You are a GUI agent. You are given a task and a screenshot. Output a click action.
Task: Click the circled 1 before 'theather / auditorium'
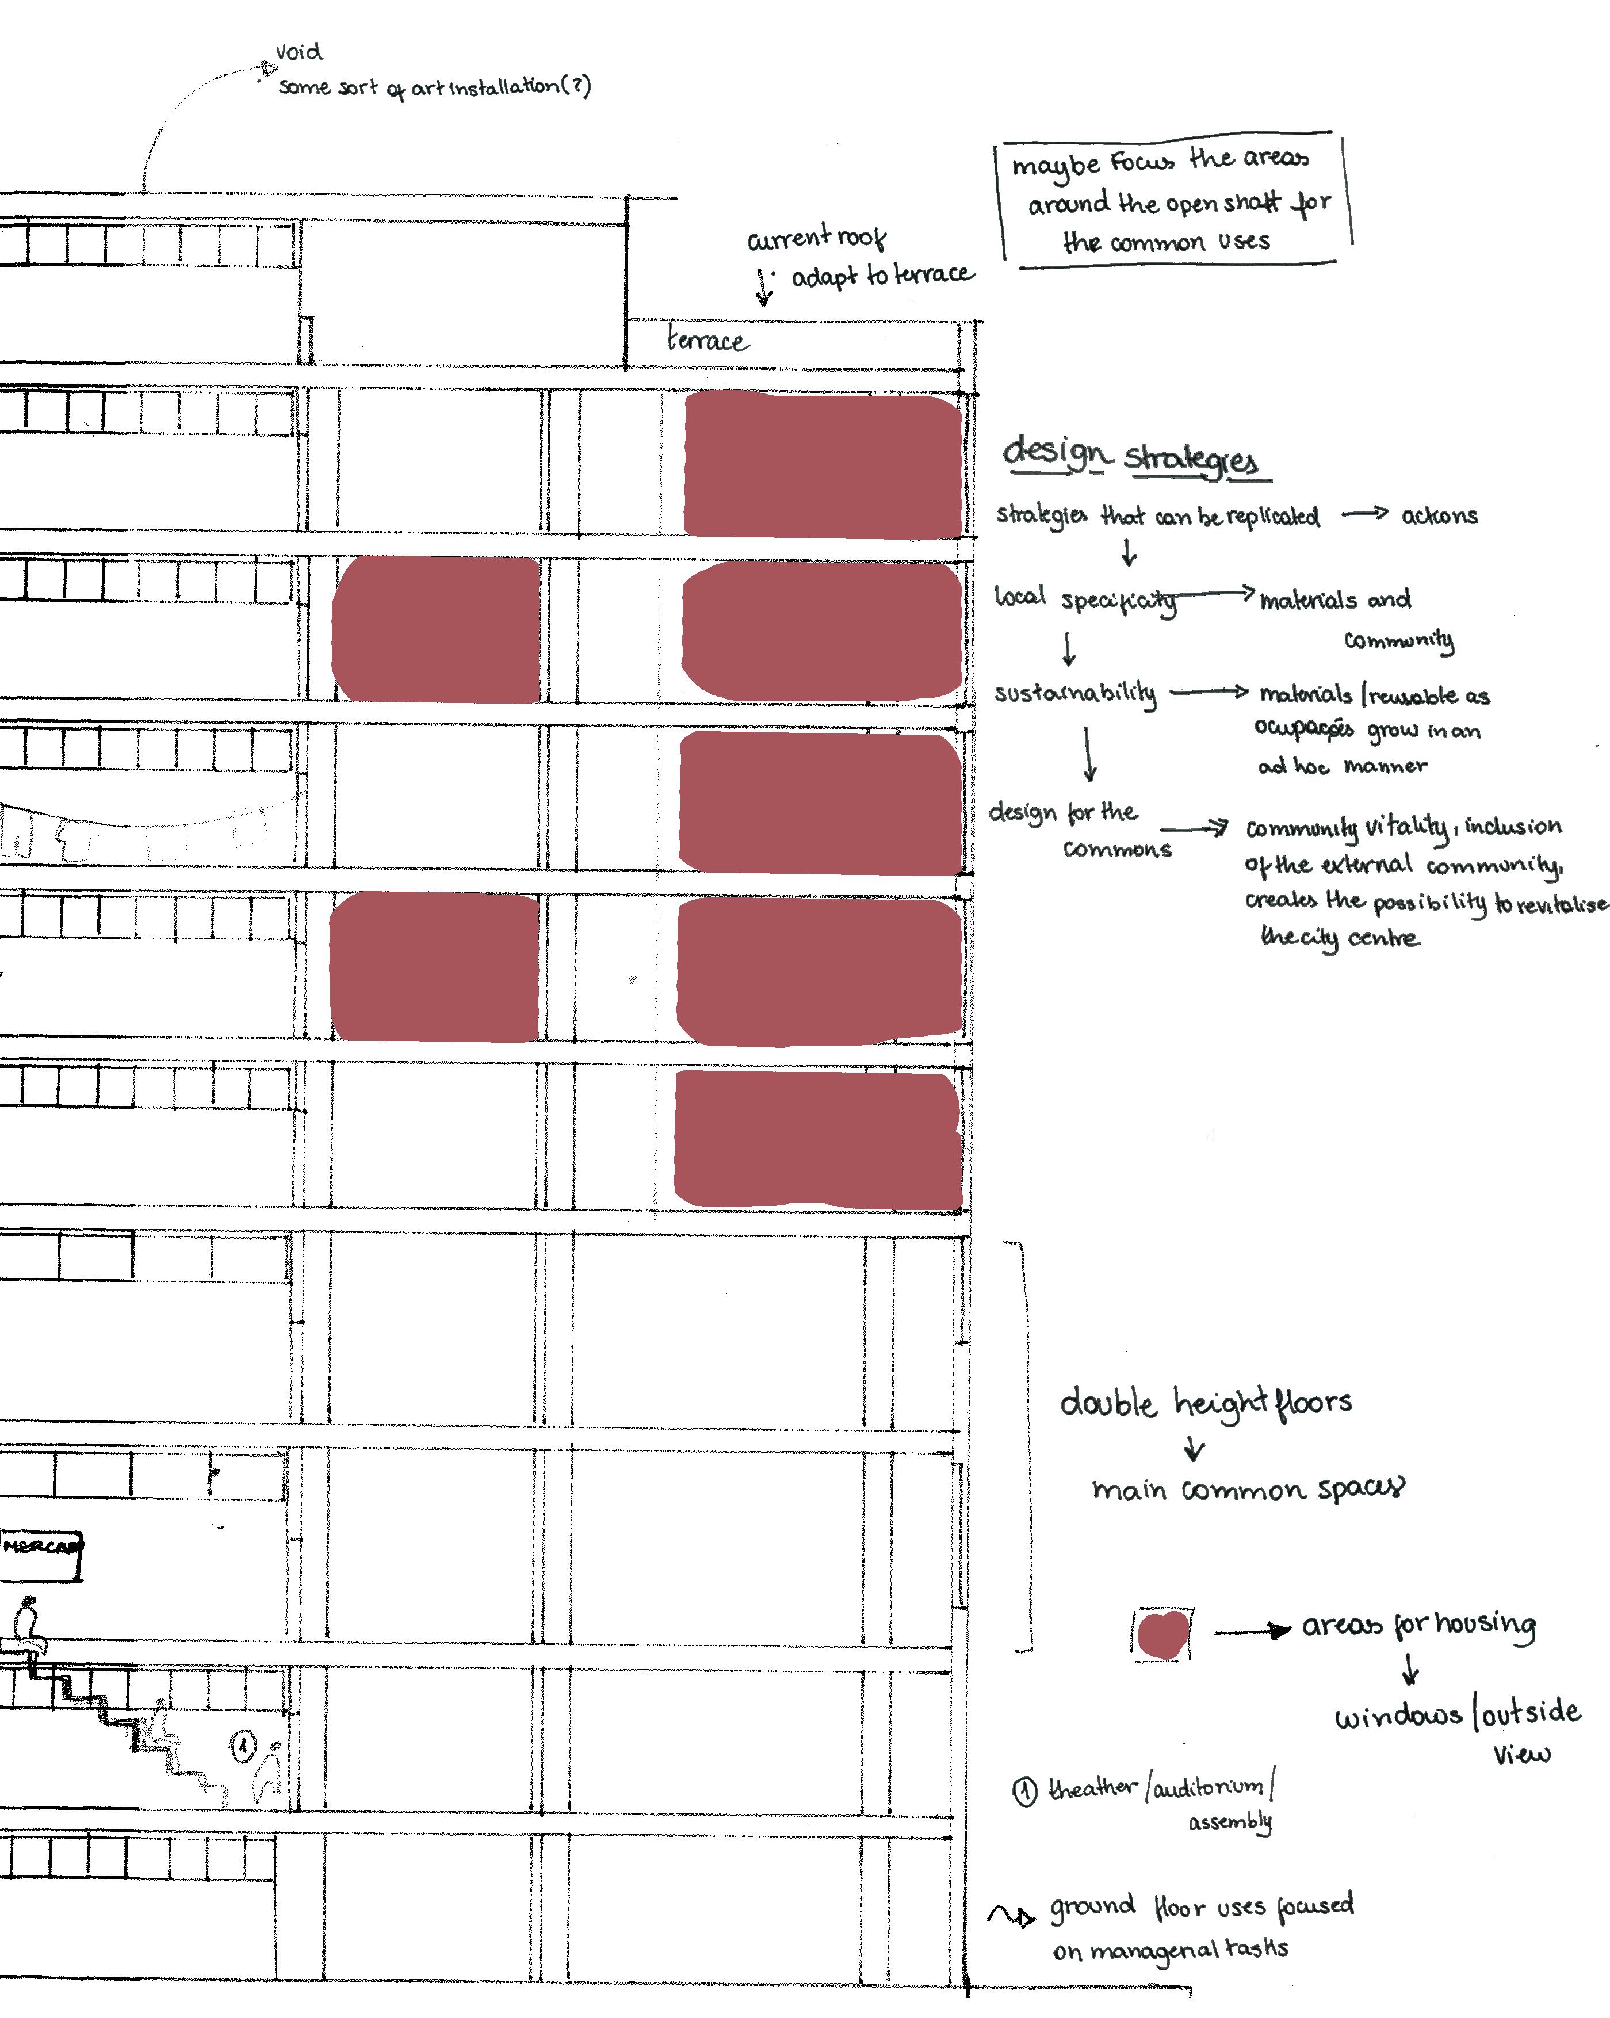(x=1025, y=1791)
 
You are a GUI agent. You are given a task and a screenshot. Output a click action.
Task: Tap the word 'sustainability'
(x=1074, y=693)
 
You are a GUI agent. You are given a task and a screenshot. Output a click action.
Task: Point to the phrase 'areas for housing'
(x=1418, y=1626)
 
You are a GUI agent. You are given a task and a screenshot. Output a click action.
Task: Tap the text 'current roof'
(x=816, y=238)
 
